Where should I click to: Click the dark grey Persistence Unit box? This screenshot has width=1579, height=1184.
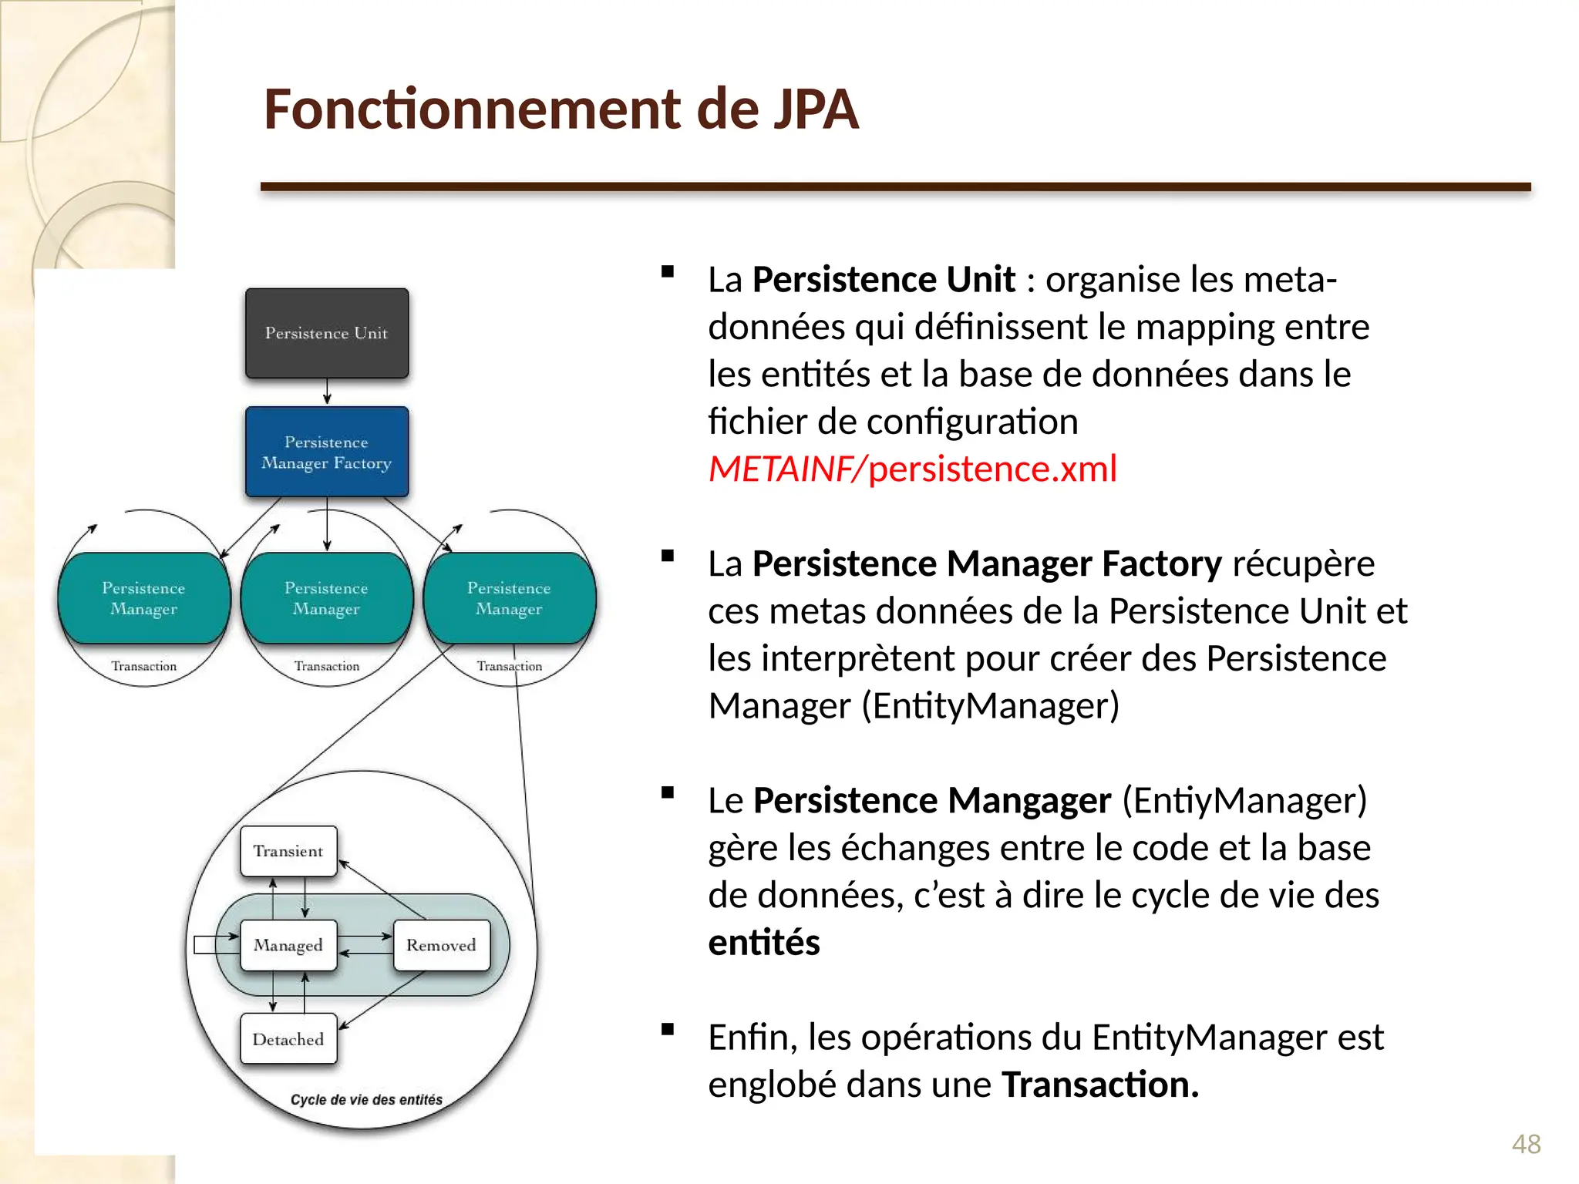pyautogui.click(x=327, y=333)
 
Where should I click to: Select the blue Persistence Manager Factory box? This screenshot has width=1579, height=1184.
pyautogui.click(x=327, y=452)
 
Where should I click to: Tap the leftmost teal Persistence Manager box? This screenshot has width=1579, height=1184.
pyautogui.click(x=144, y=598)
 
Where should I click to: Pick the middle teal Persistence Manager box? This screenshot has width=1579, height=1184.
pyautogui.click(x=327, y=598)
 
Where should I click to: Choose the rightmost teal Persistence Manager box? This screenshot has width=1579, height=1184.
pyautogui.click(x=510, y=598)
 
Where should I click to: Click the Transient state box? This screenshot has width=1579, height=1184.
pyautogui.click(x=288, y=851)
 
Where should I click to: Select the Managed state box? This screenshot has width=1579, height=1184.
pyautogui.click(x=288, y=945)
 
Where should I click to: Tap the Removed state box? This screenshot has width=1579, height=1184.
pyautogui.click(x=441, y=945)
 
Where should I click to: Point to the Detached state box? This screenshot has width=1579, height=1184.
pyautogui.click(x=288, y=1039)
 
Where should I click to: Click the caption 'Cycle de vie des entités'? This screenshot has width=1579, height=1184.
pyautogui.click(x=366, y=1100)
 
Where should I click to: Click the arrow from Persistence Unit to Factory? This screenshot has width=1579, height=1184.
pyautogui.click(x=327, y=392)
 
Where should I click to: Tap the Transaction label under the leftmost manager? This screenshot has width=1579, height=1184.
pyautogui.click(x=144, y=666)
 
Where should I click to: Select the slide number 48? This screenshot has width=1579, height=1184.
pyautogui.click(x=1526, y=1144)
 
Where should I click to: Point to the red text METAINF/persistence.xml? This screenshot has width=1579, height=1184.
pyautogui.click(x=912, y=469)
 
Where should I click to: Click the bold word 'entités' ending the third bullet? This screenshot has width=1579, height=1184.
pyautogui.click(x=764, y=943)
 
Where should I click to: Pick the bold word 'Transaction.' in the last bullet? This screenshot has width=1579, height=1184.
pyautogui.click(x=1100, y=1085)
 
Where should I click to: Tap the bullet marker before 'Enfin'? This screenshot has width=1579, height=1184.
pyautogui.click(x=668, y=1029)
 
